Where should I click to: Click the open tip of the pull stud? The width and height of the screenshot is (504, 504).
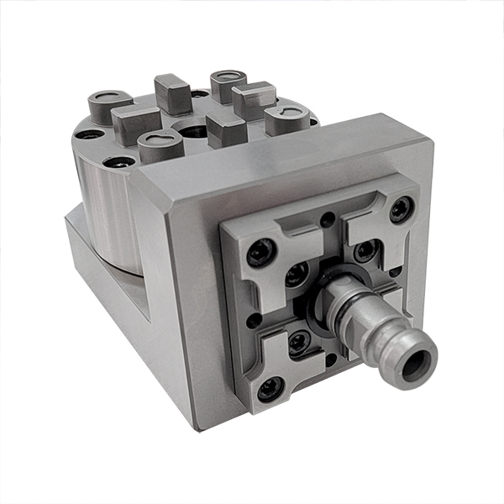pos(416,363)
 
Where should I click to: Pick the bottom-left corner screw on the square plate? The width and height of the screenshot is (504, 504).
pos(270,388)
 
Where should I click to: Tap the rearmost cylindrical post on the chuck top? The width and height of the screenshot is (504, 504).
pos(225,81)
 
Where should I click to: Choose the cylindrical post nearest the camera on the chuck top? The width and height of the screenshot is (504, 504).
pos(160,145)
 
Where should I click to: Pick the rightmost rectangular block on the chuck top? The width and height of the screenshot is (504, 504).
pos(253,98)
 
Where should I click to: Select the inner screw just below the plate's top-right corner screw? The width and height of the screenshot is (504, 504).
pos(365,250)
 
